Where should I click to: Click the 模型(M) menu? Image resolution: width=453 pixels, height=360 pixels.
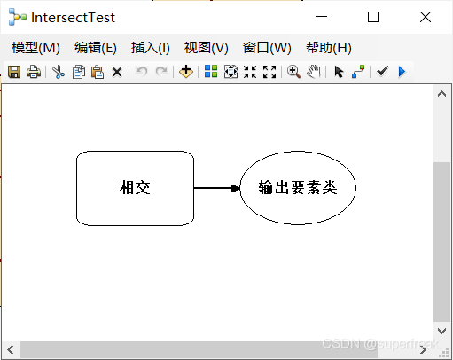tap(35, 48)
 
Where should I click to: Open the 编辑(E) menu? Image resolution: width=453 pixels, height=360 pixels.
tap(96, 48)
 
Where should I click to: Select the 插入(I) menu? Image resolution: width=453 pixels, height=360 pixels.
tap(151, 48)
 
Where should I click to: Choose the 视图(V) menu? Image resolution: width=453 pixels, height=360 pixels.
tap(207, 48)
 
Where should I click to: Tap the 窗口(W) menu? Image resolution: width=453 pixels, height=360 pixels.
tap(267, 48)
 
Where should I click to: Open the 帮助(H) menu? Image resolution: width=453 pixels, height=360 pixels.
tap(329, 48)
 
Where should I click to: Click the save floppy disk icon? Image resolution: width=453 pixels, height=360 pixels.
tap(14, 72)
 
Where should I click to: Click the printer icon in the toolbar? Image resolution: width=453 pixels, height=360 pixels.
tap(34, 72)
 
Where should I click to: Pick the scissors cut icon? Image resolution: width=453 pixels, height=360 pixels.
tap(59, 72)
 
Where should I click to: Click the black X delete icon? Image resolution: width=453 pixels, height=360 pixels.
tap(117, 72)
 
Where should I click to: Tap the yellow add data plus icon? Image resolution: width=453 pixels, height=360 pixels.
tap(186, 72)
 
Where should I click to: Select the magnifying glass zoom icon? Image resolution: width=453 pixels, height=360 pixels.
tap(293, 72)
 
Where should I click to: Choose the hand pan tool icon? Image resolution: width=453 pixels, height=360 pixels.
tap(314, 72)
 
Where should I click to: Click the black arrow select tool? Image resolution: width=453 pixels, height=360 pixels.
tap(339, 72)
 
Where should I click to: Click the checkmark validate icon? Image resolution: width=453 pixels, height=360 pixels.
tap(382, 71)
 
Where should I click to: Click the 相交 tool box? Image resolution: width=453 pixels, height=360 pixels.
tap(135, 188)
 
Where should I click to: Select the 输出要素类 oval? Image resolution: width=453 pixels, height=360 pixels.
tap(298, 188)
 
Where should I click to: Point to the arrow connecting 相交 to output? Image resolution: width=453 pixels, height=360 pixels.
tap(217, 188)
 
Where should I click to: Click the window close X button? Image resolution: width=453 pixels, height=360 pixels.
tap(426, 17)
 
